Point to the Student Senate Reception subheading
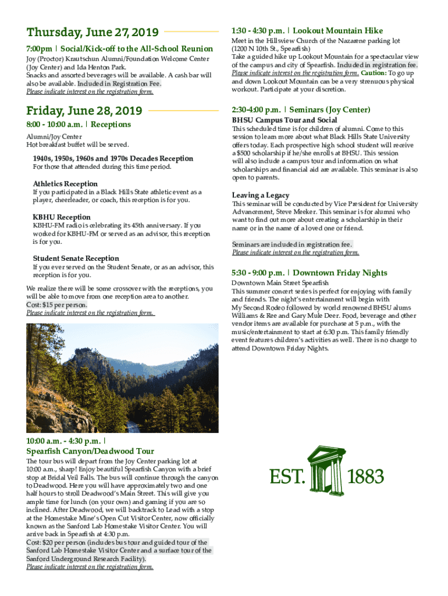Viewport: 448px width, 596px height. (x=76, y=258)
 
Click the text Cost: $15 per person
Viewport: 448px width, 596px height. (x=57, y=305)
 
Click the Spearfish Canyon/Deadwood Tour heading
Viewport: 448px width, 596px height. (x=90, y=451)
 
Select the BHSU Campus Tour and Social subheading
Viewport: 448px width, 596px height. (x=285, y=120)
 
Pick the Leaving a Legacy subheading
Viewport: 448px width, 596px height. (x=261, y=196)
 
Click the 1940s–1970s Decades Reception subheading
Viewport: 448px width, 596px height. (x=113, y=159)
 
